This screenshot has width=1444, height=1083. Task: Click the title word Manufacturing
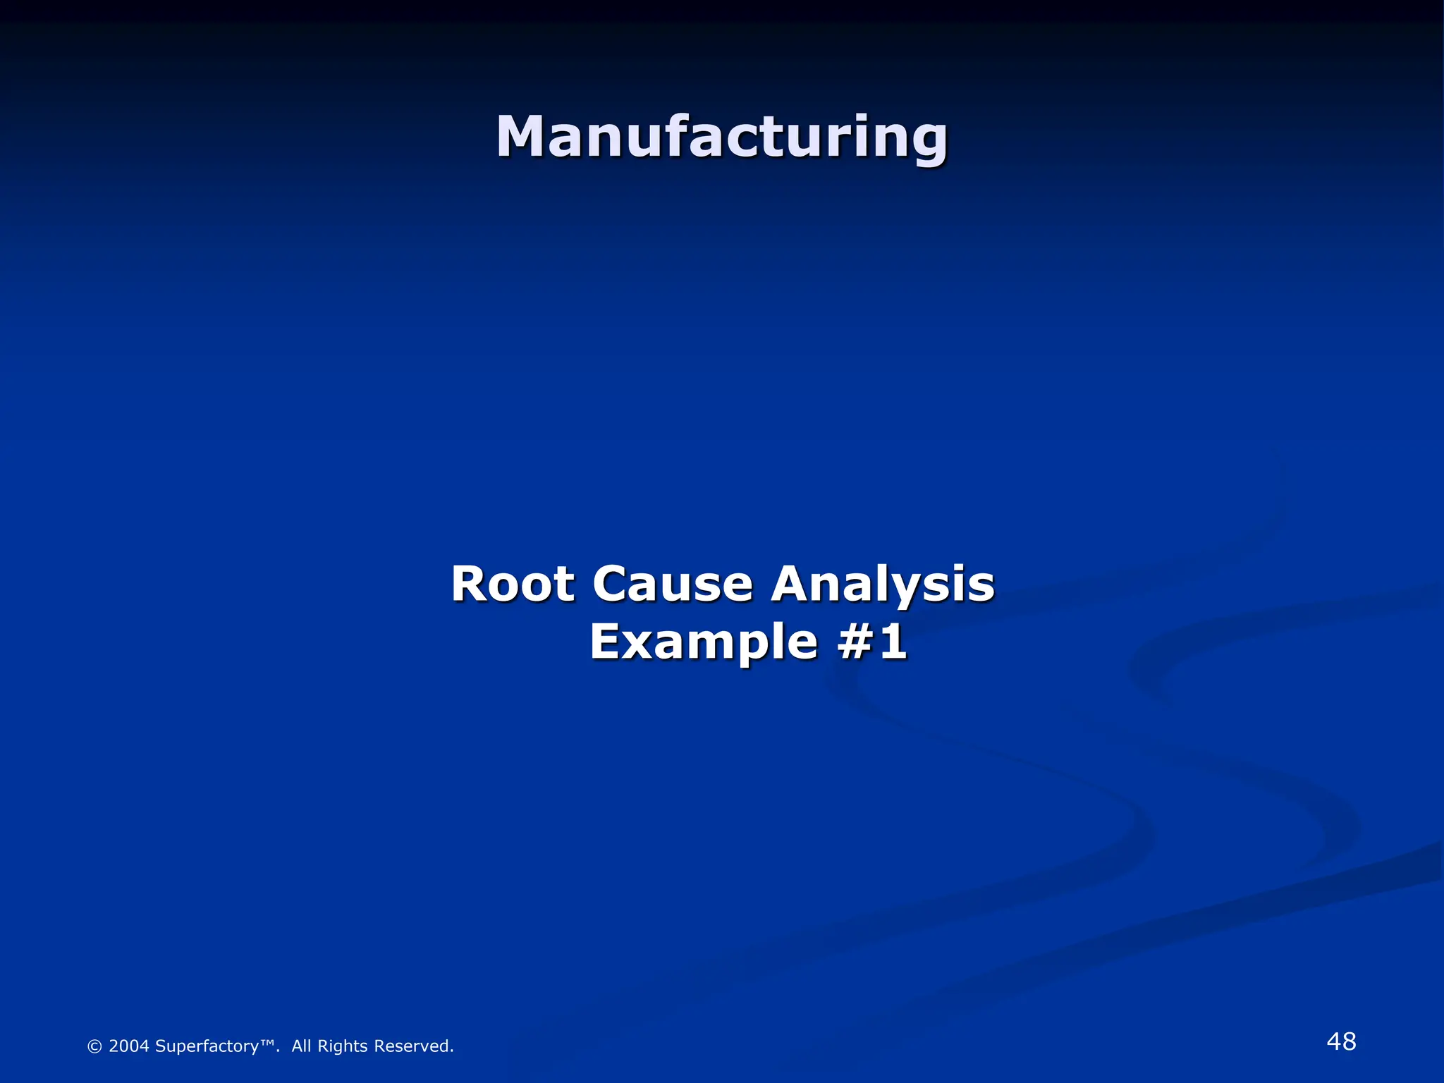click(x=721, y=137)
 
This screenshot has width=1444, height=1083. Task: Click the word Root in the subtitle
click(x=513, y=585)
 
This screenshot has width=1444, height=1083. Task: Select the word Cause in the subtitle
click(x=673, y=585)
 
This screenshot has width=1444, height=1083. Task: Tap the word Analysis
click(x=882, y=585)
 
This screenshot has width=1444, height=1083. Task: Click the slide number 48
click(x=1340, y=1041)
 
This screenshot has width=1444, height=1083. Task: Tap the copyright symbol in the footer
click(x=94, y=1046)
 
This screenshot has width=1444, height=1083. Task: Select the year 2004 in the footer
click(x=128, y=1046)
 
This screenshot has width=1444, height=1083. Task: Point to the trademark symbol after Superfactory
click(x=267, y=1043)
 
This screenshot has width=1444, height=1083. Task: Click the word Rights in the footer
click(x=342, y=1046)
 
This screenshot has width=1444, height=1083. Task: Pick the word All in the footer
click(x=301, y=1046)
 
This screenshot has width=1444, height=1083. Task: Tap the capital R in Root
click(x=469, y=585)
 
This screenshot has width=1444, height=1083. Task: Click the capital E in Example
click(x=607, y=642)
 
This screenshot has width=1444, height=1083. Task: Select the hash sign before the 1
click(x=855, y=642)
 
